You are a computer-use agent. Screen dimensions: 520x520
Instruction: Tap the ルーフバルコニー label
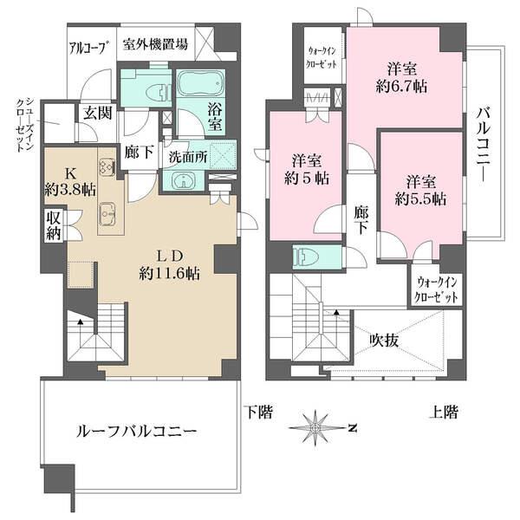click(140, 430)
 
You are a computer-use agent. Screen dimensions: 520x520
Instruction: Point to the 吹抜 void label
click(381, 341)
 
